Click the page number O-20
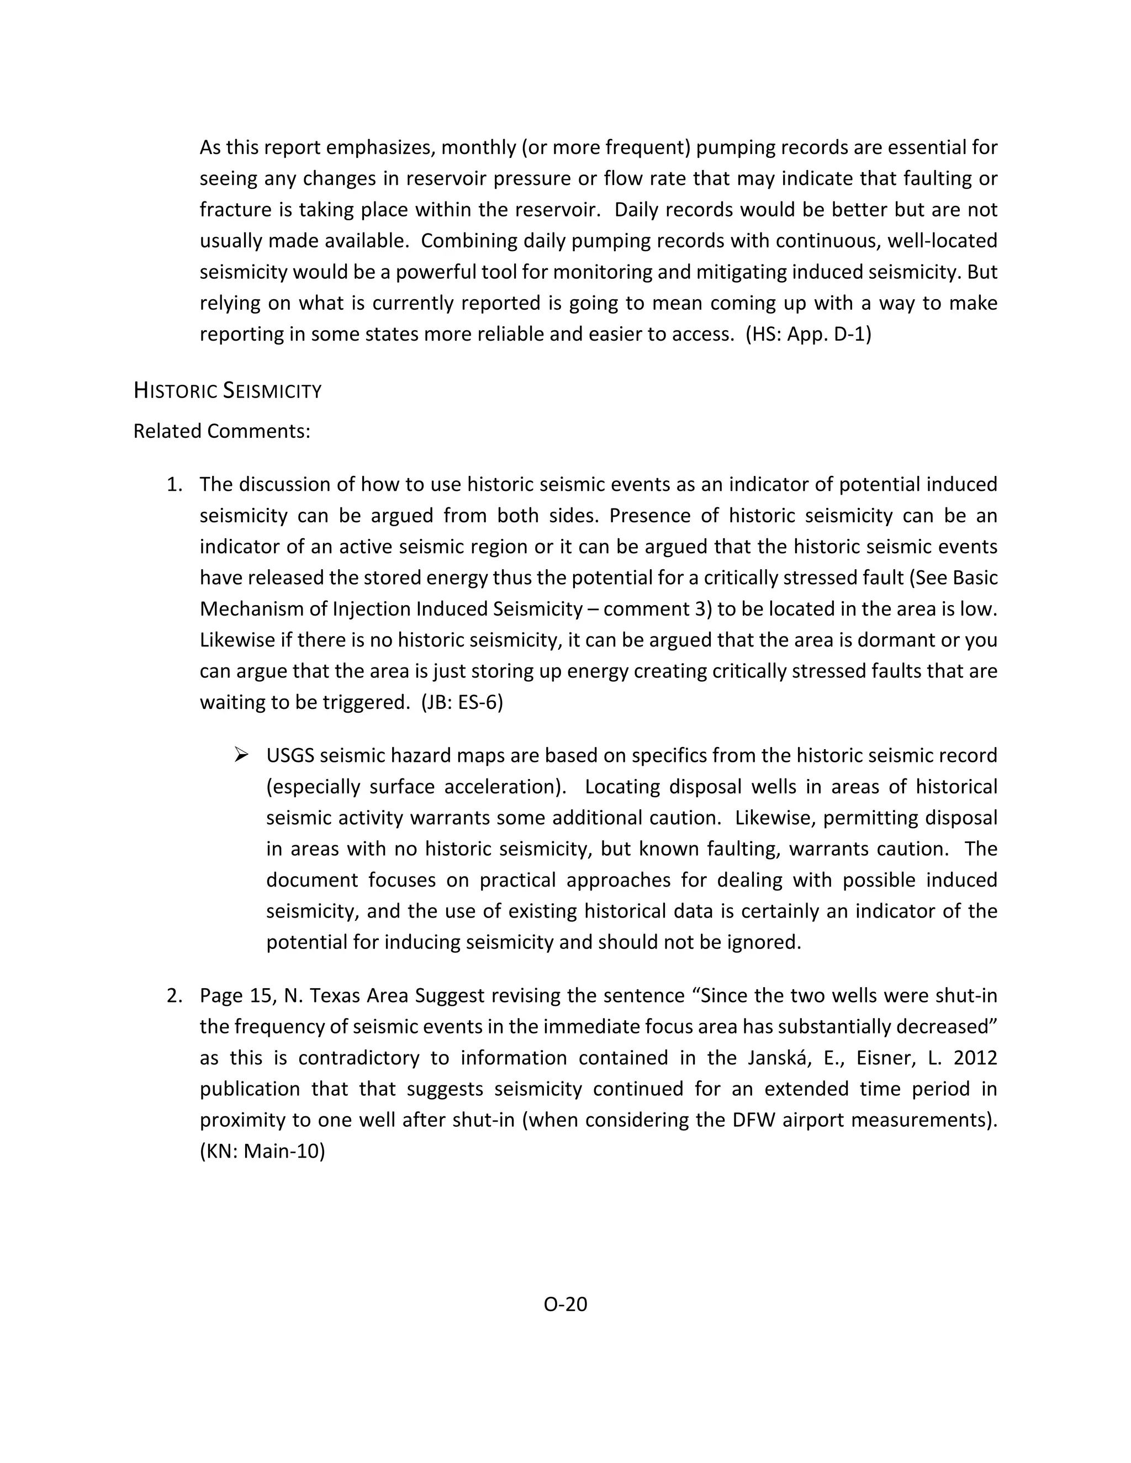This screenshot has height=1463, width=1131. pyautogui.click(x=565, y=1303)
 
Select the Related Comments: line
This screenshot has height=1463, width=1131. pyautogui.click(x=222, y=431)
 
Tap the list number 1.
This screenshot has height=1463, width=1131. pyautogui.click(x=174, y=484)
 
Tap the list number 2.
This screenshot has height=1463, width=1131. pyautogui.click(x=174, y=995)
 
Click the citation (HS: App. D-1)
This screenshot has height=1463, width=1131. pyautogui.click(x=808, y=334)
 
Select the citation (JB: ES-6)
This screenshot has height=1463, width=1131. pyautogui.click(x=462, y=702)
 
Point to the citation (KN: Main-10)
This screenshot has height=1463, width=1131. pyautogui.click(x=262, y=1151)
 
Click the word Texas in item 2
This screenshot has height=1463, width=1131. pyautogui.click(x=336, y=995)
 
